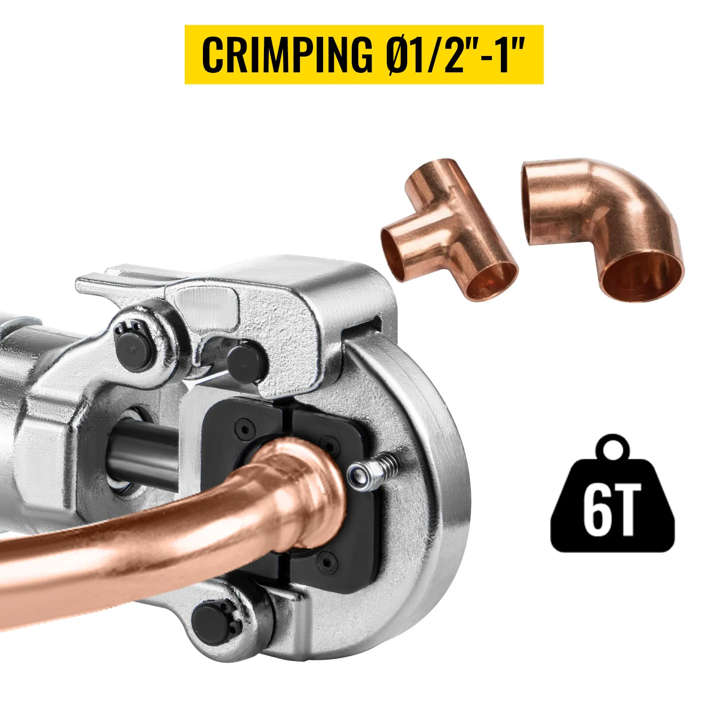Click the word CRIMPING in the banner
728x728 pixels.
click(x=287, y=55)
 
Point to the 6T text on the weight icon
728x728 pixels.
click(x=612, y=510)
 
